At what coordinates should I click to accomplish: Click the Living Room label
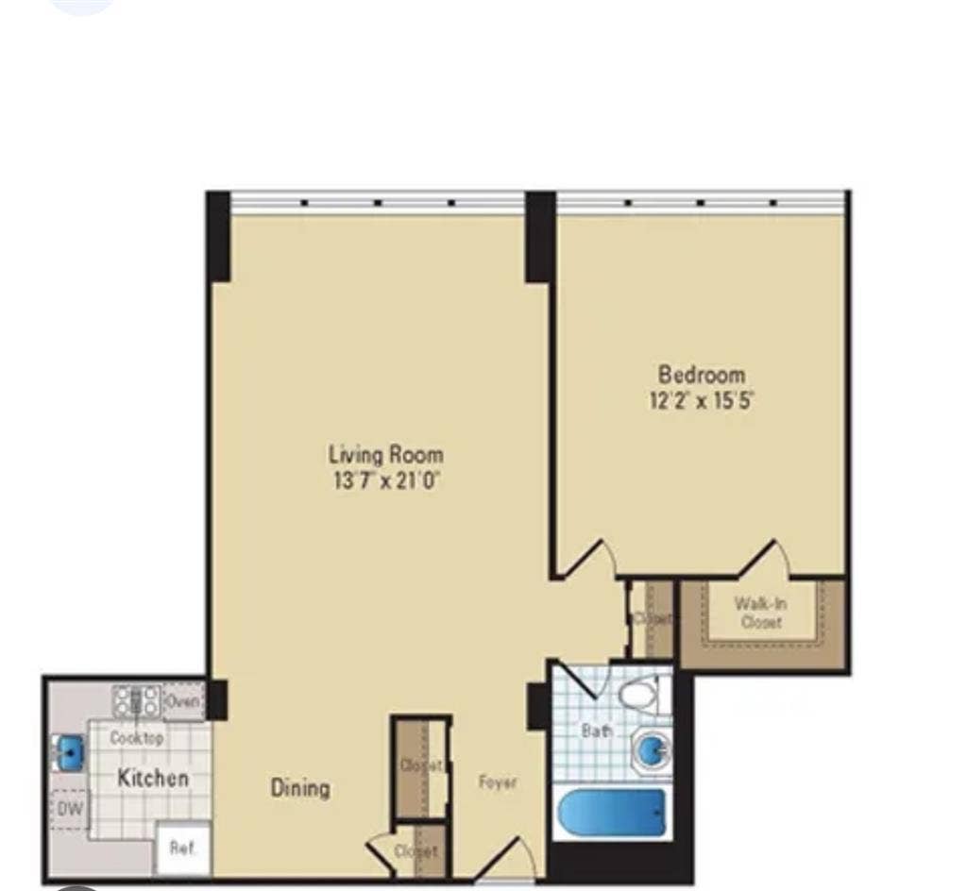[x=385, y=454]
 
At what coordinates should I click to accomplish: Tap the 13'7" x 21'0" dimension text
[x=385, y=480]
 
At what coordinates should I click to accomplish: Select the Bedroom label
[x=701, y=374]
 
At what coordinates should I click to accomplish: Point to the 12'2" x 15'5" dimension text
[x=701, y=400]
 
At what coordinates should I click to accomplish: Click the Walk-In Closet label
[x=760, y=612]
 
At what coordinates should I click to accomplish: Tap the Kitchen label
[x=152, y=778]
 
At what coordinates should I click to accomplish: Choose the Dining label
[x=300, y=787]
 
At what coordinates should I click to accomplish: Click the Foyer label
[x=497, y=782]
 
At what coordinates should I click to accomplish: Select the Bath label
[x=597, y=730]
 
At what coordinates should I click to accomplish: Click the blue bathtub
[x=611, y=813]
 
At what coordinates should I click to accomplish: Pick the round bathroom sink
[x=652, y=749]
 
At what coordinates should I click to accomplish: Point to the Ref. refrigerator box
[x=182, y=848]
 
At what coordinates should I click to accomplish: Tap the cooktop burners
[x=136, y=700]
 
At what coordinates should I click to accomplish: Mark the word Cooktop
[x=137, y=737]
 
